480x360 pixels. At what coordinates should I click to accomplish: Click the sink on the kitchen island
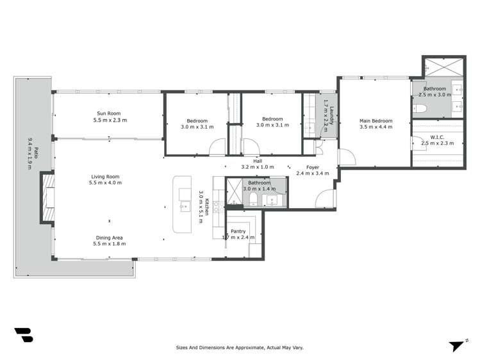pyautogui.click(x=185, y=206)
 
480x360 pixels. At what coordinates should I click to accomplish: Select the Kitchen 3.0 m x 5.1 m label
pyautogui.click(x=204, y=207)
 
